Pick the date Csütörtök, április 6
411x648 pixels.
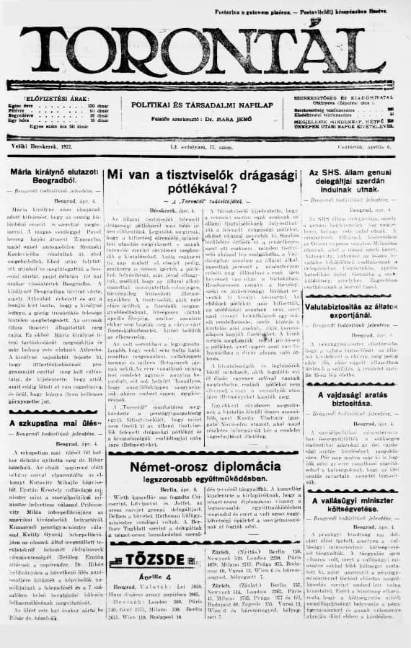[x=365, y=146]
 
